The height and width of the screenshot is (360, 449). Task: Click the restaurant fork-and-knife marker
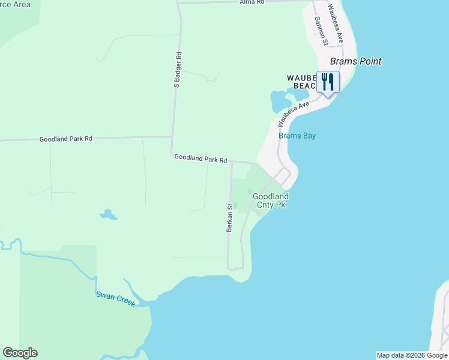[328, 82]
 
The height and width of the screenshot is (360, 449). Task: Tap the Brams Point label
[356, 61]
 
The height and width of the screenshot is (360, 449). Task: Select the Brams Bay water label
[297, 136]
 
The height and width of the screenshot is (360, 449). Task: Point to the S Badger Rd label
[178, 70]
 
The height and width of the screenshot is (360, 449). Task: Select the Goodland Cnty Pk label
[270, 200]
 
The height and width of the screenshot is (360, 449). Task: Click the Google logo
[20, 353]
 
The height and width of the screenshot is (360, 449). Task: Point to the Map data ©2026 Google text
[412, 355]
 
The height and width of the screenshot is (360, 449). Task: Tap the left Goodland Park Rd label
[66, 139]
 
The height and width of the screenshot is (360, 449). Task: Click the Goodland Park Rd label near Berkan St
[200, 159]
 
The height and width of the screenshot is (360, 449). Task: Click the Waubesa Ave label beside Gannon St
[335, 23]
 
